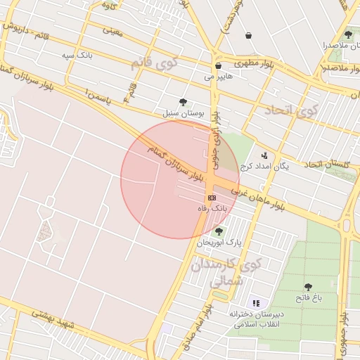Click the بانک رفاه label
(x=212, y=209)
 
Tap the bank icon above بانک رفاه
(x=212, y=198)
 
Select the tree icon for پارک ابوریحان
(x=219, y=231)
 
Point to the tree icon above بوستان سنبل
(x=184, y=102)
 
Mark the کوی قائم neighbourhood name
(x=154, y=64)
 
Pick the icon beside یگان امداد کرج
(x=264, y=155)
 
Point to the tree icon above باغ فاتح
(x=308, y=287)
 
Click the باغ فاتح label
(x=308, y=298)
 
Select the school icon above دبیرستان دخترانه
(x=256, y=302)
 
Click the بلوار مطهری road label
(x=247, y=61)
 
